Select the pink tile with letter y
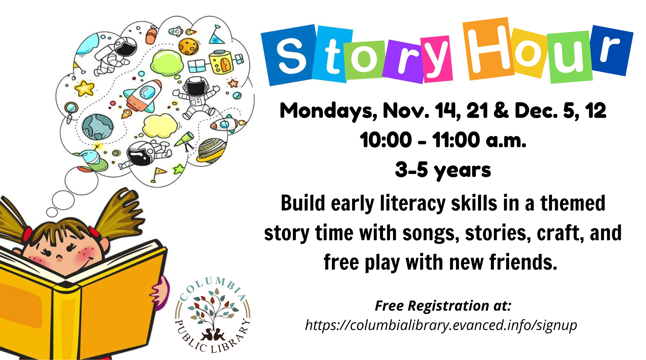tap(437, 59)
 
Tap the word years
tap(462, 171)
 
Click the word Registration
tap(448, 306)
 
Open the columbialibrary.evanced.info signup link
tap(441, 325)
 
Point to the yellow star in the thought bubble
tap(85, 87)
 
